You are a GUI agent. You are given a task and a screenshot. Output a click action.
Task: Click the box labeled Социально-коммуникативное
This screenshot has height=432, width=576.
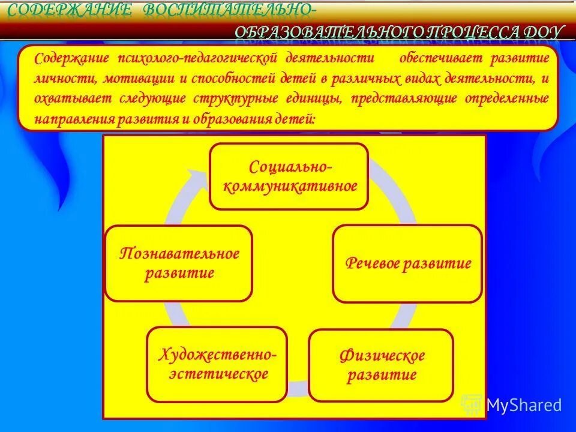coord(289,176)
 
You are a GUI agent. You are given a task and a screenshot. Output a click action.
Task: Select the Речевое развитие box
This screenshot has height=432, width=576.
coord(407,264)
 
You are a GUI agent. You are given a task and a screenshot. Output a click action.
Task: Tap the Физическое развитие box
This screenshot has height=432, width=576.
coord(381,365)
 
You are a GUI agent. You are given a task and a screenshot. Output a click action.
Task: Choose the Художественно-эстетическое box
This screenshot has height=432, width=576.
coord(217,365)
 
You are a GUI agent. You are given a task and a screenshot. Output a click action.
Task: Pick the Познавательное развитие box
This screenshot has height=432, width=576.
coord(179,263)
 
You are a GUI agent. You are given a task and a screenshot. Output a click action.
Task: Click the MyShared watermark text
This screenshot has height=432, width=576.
coord(524,405)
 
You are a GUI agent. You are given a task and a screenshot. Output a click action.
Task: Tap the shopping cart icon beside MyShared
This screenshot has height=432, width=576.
coord(472,405)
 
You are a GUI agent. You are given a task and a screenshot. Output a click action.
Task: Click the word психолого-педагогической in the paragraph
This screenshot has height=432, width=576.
coord(199,59)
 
